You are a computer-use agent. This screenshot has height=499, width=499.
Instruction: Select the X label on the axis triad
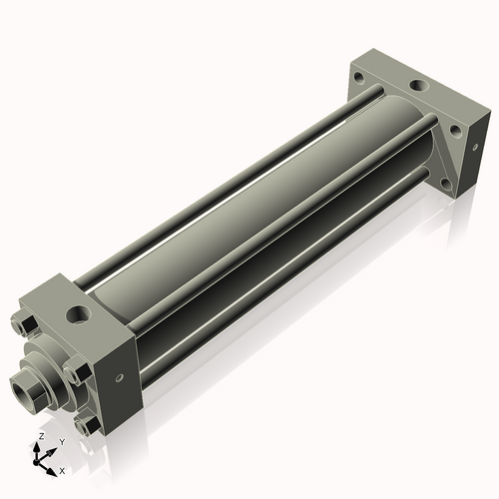pos(62,469)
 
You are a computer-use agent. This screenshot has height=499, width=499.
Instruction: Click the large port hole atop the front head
pos(78,316)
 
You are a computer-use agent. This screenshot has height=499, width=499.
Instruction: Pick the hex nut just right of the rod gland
pos(77,372)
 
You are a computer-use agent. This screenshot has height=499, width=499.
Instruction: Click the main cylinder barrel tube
pos(249,220)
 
